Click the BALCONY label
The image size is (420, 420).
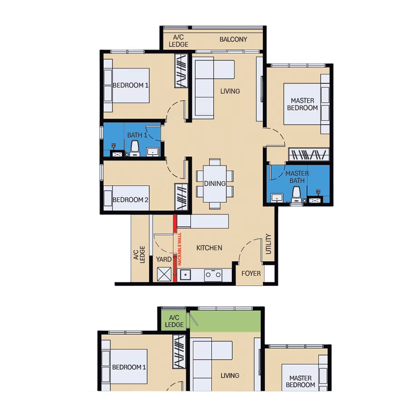(233, 39)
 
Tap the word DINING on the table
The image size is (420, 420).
(215, 184)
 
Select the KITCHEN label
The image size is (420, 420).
(209, 248)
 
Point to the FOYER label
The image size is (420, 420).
(251, 273)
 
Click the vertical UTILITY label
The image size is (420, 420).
(268, 244)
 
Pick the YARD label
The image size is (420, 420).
(164, 259)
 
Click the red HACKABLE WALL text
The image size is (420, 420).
(180, 249)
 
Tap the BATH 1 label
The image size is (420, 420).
(137, 135)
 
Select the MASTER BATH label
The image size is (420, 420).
(297, 177)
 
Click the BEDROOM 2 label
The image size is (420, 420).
(130, 200)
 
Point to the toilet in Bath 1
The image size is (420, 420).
(135, 149)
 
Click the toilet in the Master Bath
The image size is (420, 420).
(296, 195)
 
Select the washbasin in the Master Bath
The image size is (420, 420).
(277, 198)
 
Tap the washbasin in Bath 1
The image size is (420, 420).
(153, 152)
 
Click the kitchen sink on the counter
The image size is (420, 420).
(186, 275)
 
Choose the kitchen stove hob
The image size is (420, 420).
(213, 275)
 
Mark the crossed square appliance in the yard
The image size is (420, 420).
(164, 274)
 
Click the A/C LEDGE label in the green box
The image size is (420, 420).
(174, 321)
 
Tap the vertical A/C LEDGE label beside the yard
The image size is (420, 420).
(139, 254)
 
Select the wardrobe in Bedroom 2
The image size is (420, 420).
(181, 197)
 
